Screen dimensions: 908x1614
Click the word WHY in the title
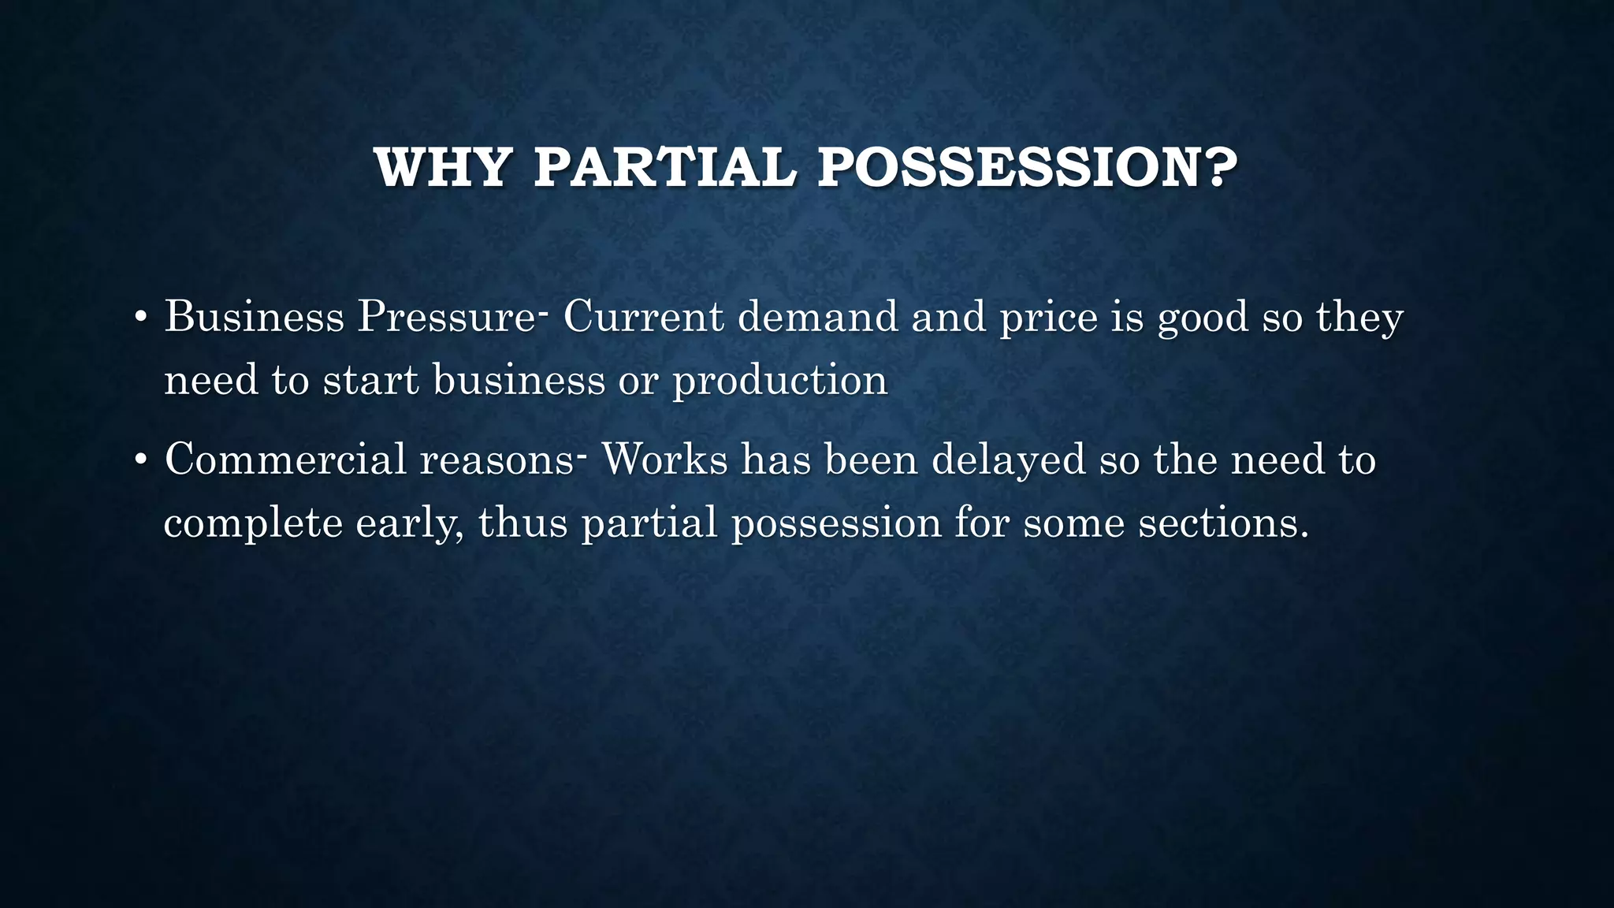(x=443, y=167)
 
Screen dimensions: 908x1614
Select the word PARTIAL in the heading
(x=664, y=167)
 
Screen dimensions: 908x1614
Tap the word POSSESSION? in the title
(x=1027, y=167)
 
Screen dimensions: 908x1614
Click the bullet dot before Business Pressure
(x=140, y=318)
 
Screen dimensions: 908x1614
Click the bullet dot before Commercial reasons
(x=140, y=460)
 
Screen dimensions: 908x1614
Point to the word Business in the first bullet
(x=254, y=317)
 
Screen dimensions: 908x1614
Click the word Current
(x=643, y=317)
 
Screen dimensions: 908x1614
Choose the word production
(x=779, y=381)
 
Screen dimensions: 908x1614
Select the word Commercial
(x=285, y=460)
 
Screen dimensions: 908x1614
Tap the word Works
(x=664, y=460)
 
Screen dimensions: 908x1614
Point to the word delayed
(x=1009, y=460)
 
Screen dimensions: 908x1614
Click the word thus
(x=523, y=523)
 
